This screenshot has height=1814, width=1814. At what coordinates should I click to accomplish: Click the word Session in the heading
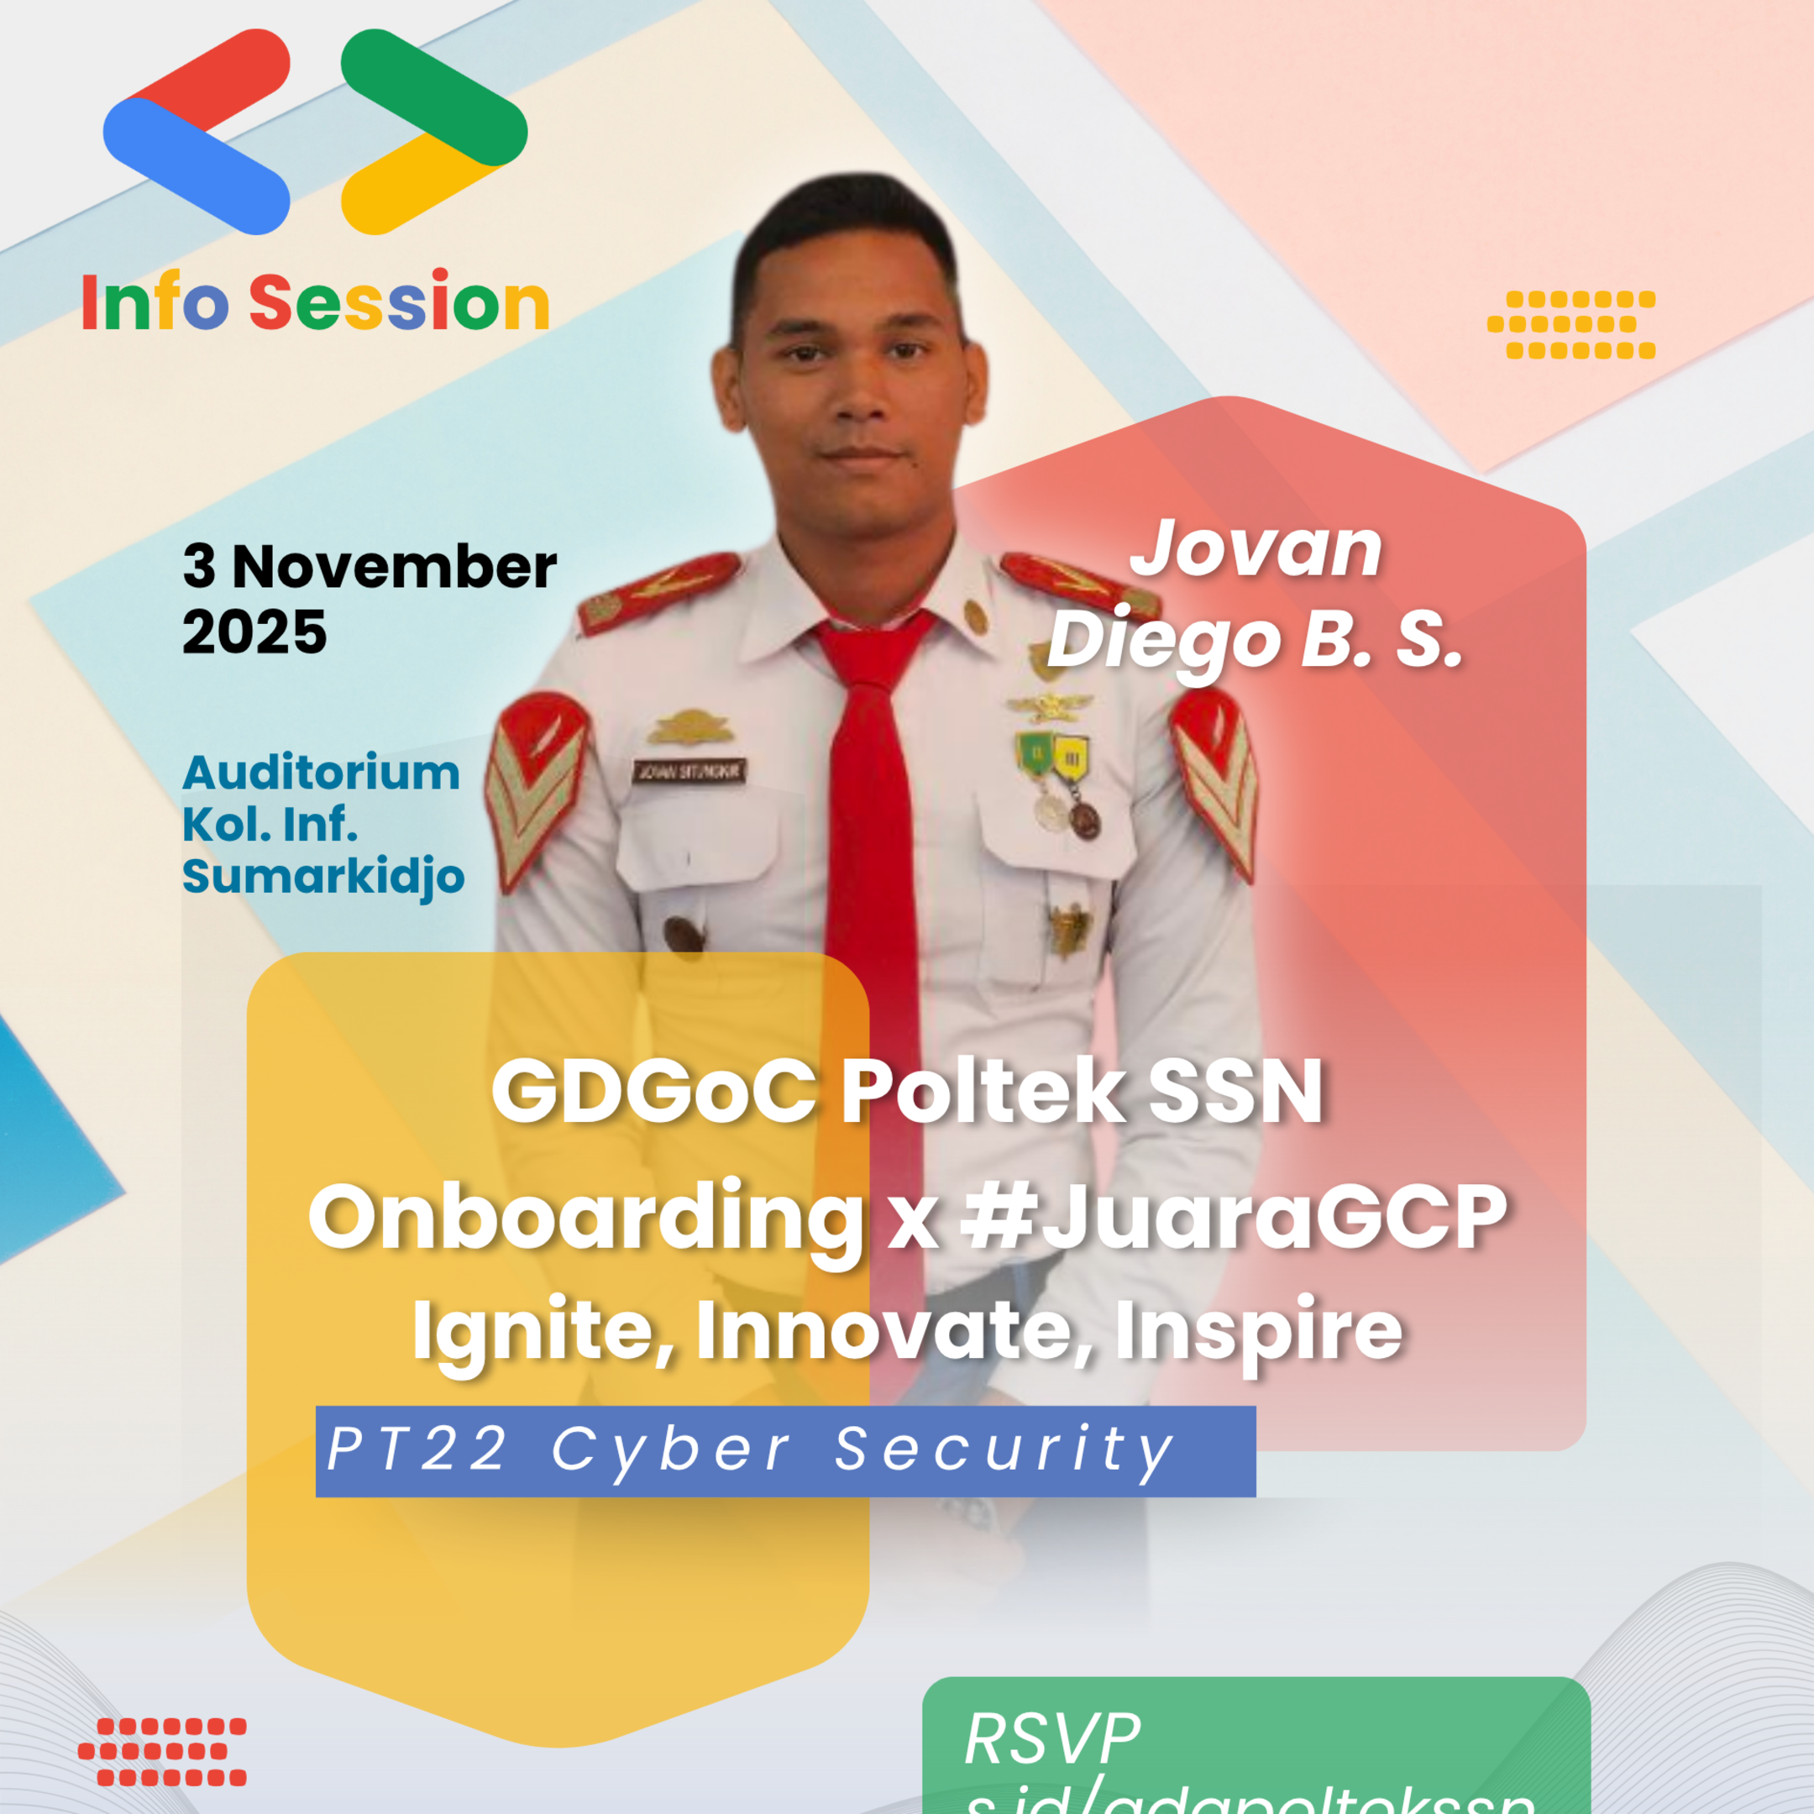pos(398,302)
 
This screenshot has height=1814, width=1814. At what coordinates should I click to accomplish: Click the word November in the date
pos(395,568)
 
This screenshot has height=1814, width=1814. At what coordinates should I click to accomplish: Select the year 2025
pos(254,632)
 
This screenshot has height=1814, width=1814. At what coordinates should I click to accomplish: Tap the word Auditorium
pos(321,773)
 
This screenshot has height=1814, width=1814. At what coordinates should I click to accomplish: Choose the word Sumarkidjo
pos(323,876)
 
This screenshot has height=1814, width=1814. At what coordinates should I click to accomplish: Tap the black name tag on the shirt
pos(690,772)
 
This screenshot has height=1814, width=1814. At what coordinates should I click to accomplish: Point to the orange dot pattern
pos(1570,325)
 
